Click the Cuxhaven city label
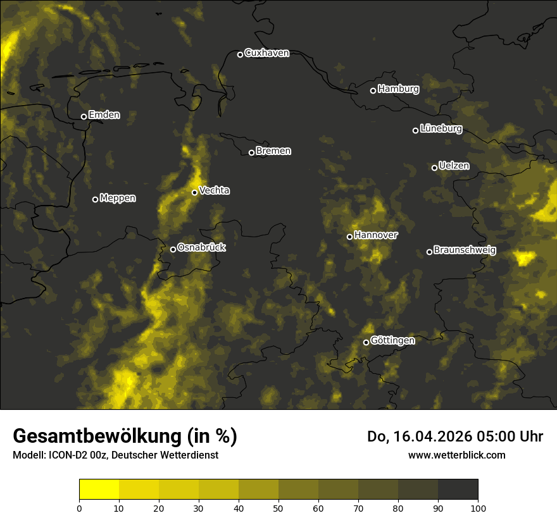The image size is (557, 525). [266, 53]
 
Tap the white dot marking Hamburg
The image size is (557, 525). [373, 90]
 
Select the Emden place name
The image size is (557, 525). [104, 115]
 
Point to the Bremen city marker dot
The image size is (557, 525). [251, 152]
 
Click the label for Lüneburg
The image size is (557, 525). [441, 128]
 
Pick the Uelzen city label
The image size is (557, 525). [454, 166]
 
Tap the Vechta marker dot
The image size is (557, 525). [194, 192]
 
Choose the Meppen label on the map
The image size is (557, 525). [118, 198]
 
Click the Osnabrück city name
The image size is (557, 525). [201, 247]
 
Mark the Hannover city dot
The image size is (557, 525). [349, 237]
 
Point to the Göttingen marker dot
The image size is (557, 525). [366, 342]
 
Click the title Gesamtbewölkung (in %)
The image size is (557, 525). [125, 436]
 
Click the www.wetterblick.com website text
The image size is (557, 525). [456, 455]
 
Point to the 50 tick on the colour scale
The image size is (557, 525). [278, 508]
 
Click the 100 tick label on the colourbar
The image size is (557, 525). [478, 508]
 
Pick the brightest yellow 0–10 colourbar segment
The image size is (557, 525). [99, 490]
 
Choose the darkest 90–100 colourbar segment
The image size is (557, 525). [458, 490]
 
